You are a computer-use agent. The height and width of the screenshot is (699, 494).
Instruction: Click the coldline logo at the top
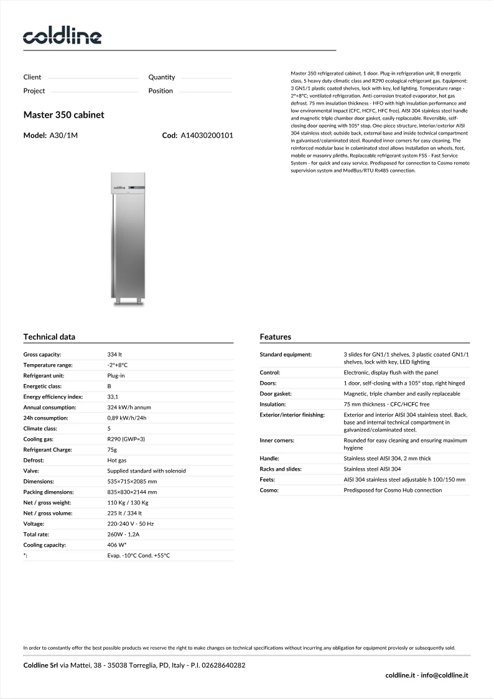[x=62, y=37]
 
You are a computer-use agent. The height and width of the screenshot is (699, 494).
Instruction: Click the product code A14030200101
[x=207, y=135]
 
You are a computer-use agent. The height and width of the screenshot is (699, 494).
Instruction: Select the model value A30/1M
[x=63, y=135]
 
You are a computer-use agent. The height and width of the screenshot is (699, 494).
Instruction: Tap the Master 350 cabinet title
[x=63, y=115]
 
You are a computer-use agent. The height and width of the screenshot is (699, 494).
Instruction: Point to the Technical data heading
[x=49, y=337]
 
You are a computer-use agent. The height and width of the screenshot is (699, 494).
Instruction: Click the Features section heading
[x=275, y=337]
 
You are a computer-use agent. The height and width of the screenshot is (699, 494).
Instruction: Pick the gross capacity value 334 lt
[x=114, y=354]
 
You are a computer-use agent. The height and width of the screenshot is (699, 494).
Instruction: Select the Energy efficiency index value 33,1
[x=113, y=396]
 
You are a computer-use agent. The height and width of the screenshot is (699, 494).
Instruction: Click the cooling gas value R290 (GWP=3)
[x=126, y=439]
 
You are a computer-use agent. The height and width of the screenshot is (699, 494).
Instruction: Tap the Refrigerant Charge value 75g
[x=112, y=449]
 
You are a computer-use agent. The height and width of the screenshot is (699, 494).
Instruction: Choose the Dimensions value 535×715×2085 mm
[x=132, y=481]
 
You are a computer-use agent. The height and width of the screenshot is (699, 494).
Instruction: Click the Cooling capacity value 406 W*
[x=117, y=545]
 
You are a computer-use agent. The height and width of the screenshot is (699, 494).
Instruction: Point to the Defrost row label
[x=34, y=460]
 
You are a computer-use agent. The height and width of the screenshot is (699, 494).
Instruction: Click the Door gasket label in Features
[x=276, y=394]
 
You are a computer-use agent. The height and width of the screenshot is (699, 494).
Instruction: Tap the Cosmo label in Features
[x=270, y=490]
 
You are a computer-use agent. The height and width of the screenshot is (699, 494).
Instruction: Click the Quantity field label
[x=162, y=77]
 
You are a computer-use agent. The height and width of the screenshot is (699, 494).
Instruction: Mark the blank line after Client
[x=93, y=79]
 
